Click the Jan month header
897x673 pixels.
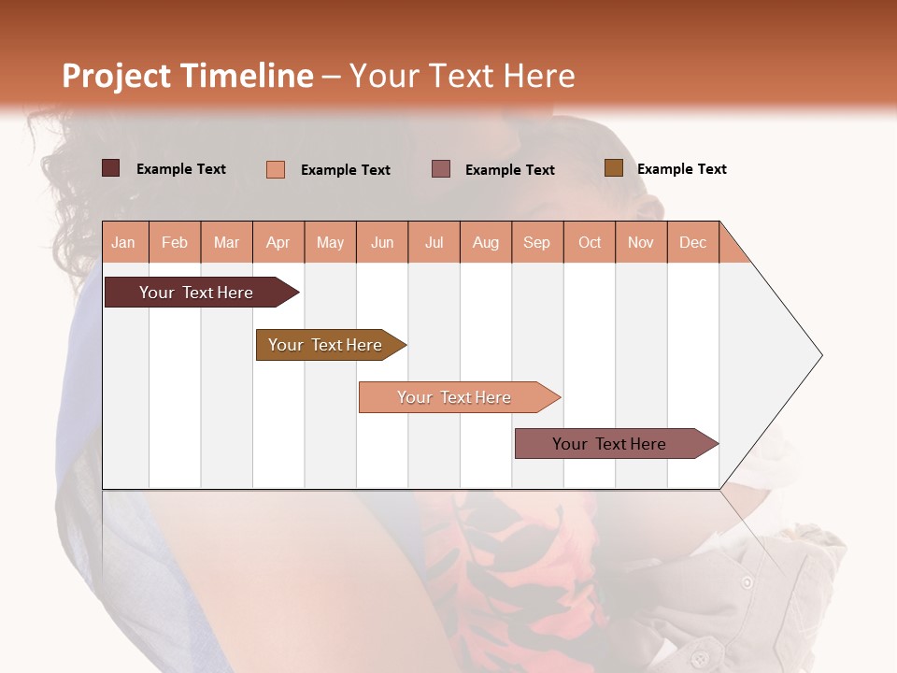pos(123,243)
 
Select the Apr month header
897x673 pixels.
pos(278,243)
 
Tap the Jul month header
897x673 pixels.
pos(434,243)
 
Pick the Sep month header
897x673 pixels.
pos(536,243)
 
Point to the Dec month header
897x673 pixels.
pos(692,243)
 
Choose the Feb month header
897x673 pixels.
pos(175,243)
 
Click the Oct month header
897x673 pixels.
pos(590,243)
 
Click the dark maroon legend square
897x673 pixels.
pos(110,168)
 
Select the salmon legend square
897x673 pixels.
pos(275,169)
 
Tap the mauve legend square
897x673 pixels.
pos(441,168)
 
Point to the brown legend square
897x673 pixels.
pos(613,168)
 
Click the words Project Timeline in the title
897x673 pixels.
pos(187,76)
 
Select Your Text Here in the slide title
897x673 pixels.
pos(462,76)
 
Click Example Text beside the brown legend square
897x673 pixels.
pos(681,169)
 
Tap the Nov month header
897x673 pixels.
pos(641,243)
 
